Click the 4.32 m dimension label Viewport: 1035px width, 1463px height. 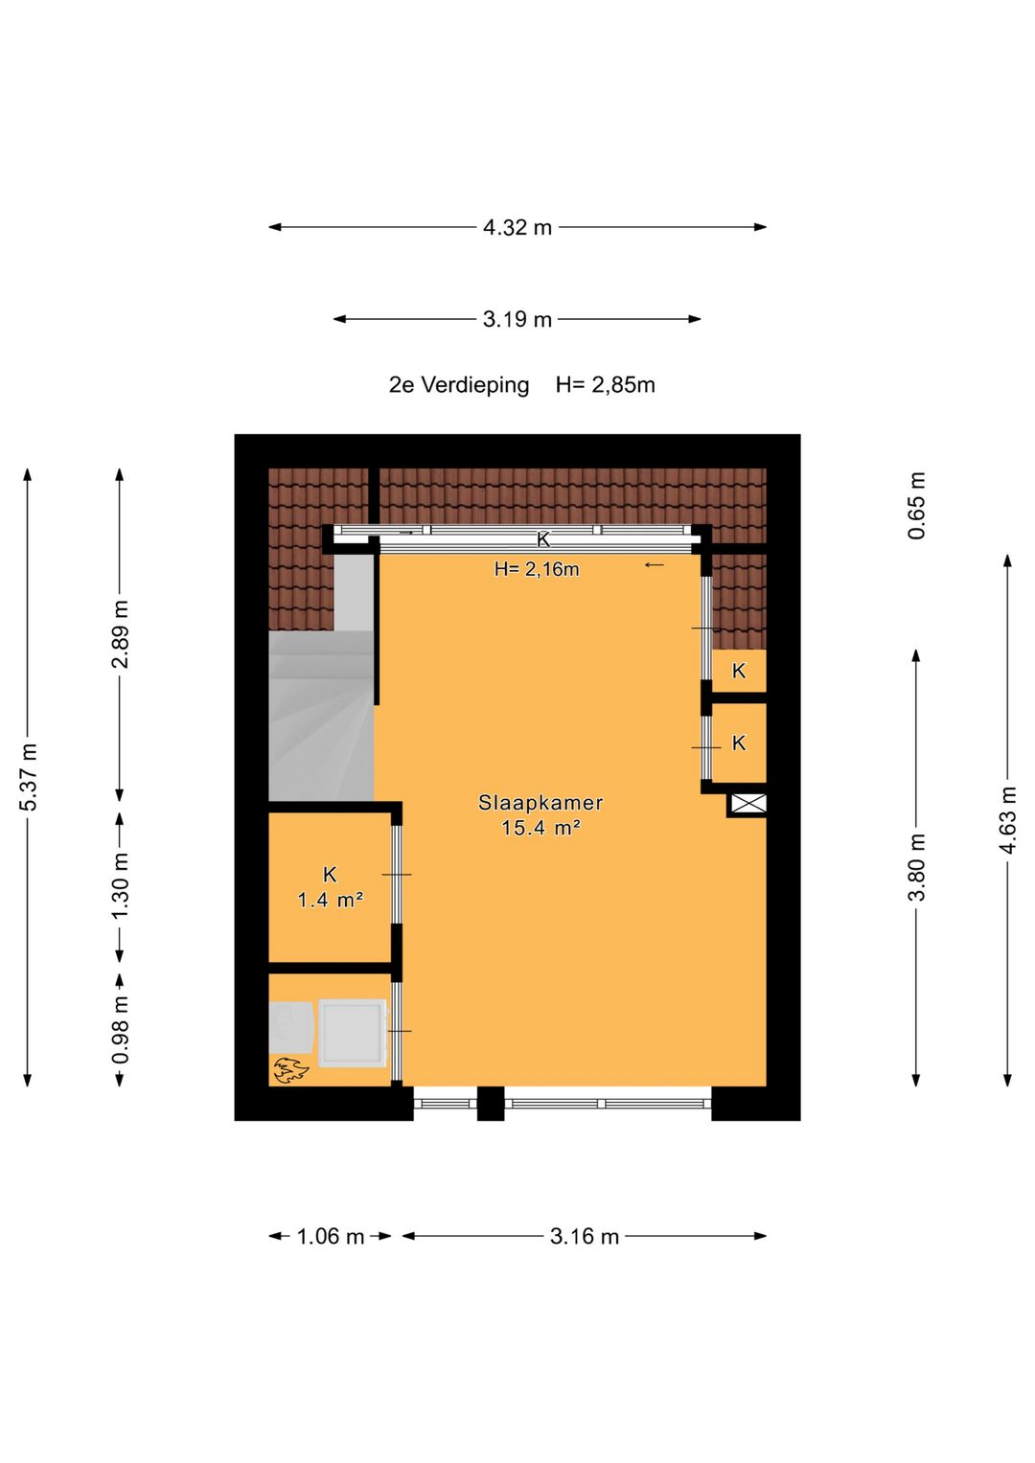pyautogui.click(x=517, y=227)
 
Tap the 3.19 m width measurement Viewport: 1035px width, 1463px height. pyautogui.click(x=517, y=319)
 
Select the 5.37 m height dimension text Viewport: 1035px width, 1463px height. pyautogui.click(x=28, y=777)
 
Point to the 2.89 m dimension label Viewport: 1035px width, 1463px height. pyautogui.click(x=120, y=633)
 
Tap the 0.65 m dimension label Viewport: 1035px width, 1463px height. pyautogui.click(x=917, y=506)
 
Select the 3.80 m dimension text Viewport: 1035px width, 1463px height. pyautogui.click(x=917, y=867)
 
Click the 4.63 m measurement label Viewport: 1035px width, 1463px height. pyautogui.click(x=1008, y=820)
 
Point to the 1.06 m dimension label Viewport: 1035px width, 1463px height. pyautogui.click(x=330, y=1236)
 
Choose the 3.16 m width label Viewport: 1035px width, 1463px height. pyautogui.click(x=584, y=1236)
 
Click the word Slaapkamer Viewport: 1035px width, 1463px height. pyautogui.click(x=540, y=803)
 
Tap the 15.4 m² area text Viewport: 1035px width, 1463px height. pyautogui.click(x=540, y=828)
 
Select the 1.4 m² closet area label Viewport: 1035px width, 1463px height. pyautogui.click(x=330, y=901)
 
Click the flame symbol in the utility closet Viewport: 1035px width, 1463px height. pyautogui.click(x=290, y=1070)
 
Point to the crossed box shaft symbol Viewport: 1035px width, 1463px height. pyautogui.click(x=747, y=804)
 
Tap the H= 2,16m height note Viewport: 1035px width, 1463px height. pyautogui.click(x=537, y=569)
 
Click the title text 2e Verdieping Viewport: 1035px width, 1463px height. pyautogui.click(x=459, y=385)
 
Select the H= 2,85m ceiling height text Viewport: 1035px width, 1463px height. pyautogui.click(x=605, y=385)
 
